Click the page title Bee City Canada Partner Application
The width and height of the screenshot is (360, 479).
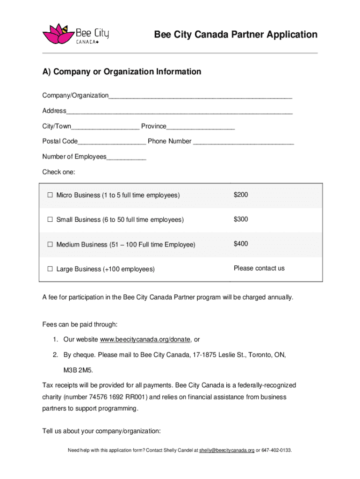pos(236,35)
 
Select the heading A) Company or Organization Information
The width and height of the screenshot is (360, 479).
pos(122,72)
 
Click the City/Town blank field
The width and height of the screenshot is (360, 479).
pos(105,127)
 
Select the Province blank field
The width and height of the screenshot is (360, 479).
pos(201,127)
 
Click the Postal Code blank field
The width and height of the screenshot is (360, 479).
pos(112,142)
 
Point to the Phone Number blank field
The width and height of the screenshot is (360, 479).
pos(244,142)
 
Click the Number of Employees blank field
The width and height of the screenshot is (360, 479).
pos(126,157)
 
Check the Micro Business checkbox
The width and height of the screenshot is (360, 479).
pos(50,195)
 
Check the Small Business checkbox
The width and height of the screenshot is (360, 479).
pos(50,220)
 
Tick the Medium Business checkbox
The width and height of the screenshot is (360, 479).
pos(50,245)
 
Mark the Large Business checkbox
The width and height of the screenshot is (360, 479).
pos(50,269)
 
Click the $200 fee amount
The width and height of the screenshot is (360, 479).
pos(241,195)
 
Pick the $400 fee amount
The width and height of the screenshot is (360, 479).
pos(241,244)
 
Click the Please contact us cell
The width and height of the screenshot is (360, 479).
pos(259,269)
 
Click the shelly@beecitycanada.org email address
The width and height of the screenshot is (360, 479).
pos(227,450)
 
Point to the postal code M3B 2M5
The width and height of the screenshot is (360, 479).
pos(78,370)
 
